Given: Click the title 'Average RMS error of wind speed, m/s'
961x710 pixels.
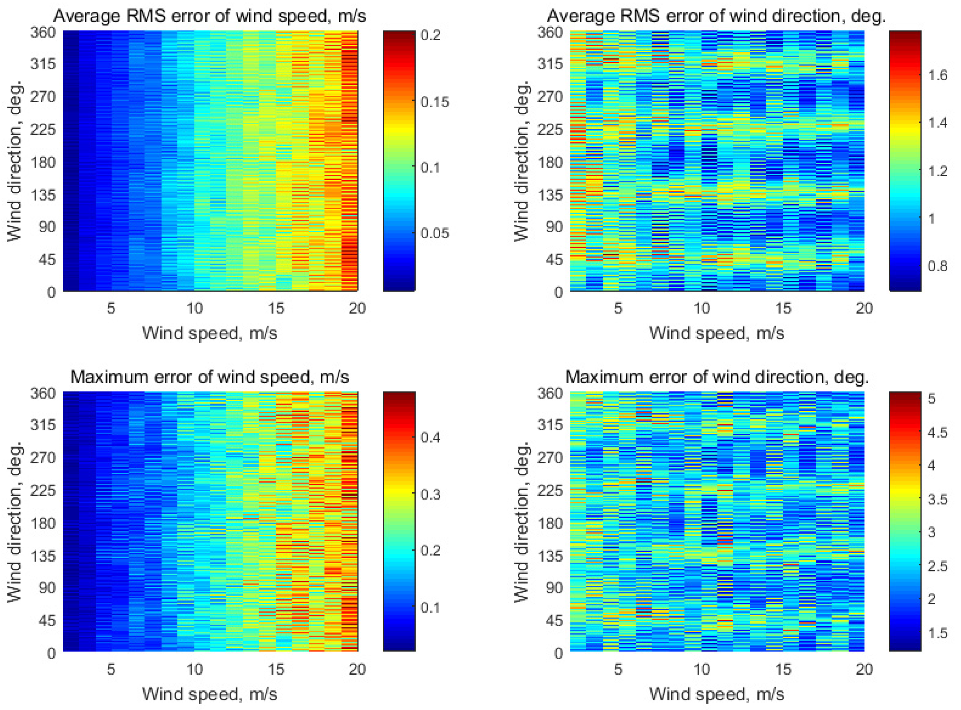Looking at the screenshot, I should click(x=209, y=16).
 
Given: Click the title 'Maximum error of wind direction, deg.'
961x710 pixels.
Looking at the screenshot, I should click(x=717, y=377).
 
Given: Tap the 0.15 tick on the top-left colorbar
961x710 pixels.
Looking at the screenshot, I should click(x=434, y=102).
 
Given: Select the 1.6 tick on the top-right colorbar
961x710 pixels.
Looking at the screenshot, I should click(x=937, y=76).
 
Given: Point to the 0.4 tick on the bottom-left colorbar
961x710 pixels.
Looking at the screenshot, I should click(x=430, y=437).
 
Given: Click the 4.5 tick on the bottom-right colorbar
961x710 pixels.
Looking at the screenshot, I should click(x=937, y=432).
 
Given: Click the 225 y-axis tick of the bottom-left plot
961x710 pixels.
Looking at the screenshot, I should click(x=43, y=491).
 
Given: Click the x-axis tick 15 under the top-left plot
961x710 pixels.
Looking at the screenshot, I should click(x=276, y=308).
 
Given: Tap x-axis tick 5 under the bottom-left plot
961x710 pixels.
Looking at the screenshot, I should click(x=111, y=669).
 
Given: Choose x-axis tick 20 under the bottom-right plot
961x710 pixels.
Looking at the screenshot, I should click(x=864, y=669).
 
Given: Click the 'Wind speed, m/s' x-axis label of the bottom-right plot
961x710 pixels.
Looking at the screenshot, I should click(x=717, y=694).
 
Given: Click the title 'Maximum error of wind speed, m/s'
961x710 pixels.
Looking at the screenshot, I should click(x=209, y=377).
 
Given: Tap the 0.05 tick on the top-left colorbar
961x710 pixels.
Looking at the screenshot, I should click(x=434, y=233).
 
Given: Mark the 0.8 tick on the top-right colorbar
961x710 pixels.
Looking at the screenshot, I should click(x=937, y=266).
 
